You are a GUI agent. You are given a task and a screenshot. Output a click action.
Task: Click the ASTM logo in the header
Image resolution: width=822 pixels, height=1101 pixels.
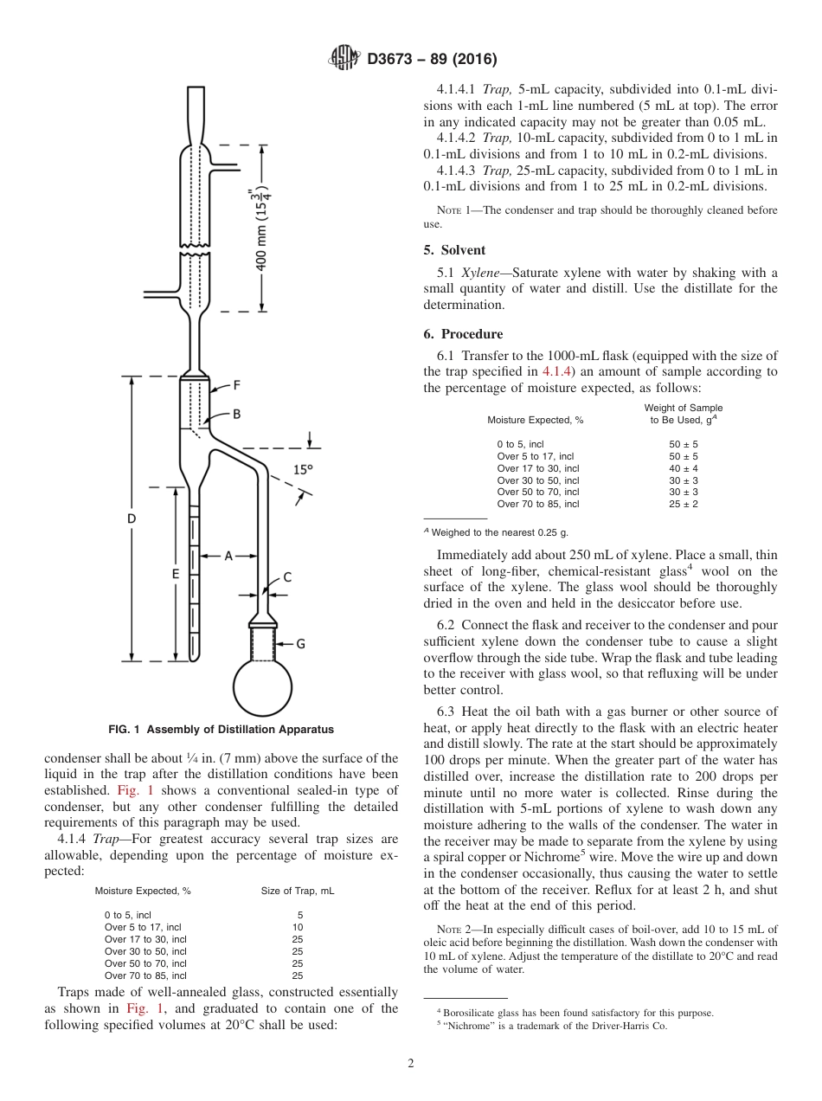[346, 59]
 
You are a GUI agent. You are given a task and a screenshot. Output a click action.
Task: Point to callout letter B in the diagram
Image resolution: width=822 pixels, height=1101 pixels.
[235, 415]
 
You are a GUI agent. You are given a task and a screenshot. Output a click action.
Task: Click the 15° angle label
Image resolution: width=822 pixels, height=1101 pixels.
[302, 470]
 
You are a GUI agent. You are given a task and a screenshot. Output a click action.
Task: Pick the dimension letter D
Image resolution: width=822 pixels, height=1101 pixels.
[132, 518]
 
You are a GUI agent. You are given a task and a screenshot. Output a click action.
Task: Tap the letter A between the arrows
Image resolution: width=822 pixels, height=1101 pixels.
[228, 556]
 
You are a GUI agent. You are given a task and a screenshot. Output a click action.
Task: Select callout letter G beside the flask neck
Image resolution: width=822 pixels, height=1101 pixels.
[300, 644]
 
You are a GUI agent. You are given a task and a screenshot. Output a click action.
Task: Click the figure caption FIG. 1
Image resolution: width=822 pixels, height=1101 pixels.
[221, 730]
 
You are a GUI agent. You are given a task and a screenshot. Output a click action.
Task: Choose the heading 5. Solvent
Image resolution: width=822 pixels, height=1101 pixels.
[454, 250]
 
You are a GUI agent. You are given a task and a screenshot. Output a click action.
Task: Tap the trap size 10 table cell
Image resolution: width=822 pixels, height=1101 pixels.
[298, 927]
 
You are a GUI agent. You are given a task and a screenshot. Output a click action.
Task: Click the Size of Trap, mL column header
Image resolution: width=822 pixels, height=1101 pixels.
[298, 891]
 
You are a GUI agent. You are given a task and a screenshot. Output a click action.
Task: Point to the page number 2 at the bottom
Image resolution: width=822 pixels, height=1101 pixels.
[410, 1064]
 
